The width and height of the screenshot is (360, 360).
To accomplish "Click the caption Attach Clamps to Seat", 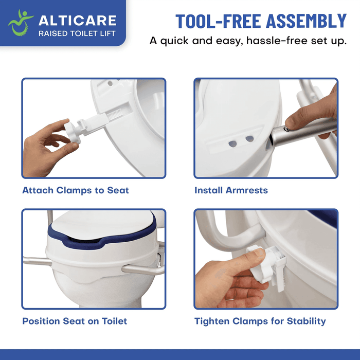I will (76, 190).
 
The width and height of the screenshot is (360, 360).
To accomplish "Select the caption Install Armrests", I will (231, 190).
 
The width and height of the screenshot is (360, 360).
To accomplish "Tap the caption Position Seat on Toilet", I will (75, 321).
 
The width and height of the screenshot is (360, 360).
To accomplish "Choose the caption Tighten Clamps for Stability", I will (260, 321).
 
